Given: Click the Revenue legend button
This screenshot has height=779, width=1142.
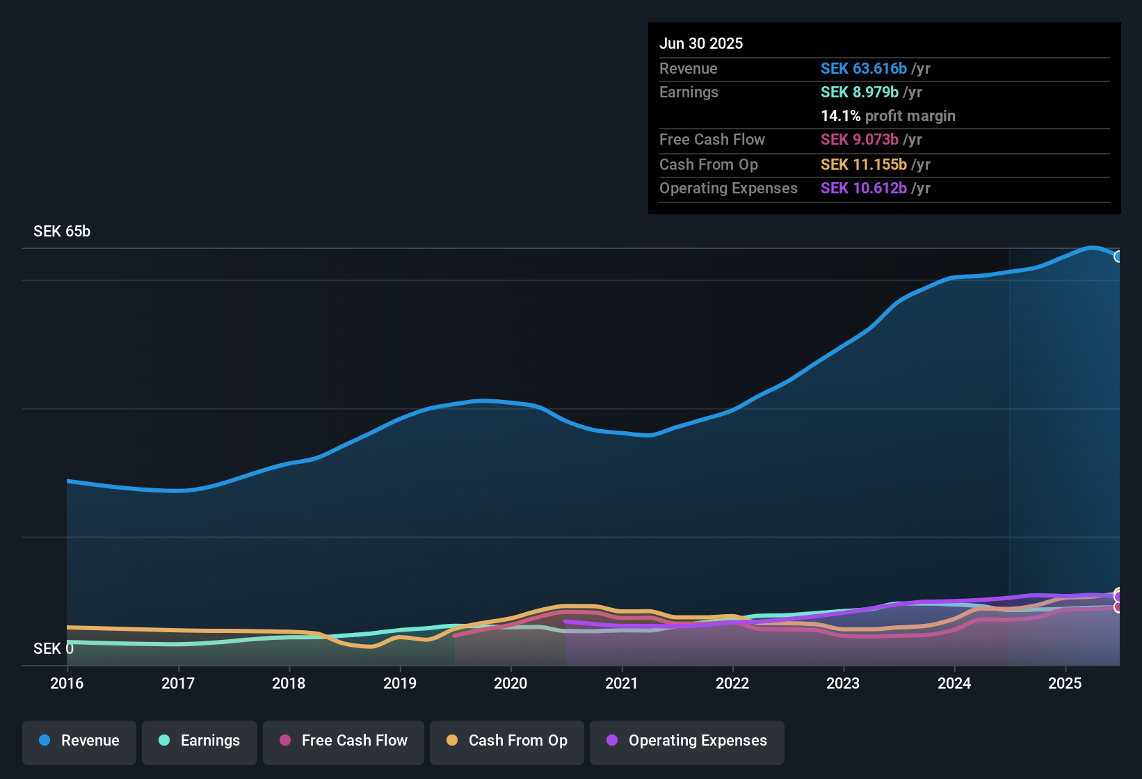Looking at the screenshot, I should (79, 741).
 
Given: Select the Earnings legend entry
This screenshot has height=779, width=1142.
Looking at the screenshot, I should (200, 741).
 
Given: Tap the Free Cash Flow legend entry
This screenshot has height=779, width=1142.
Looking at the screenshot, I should (344, 741).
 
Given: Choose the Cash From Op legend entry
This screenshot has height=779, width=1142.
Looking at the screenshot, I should (507, 741).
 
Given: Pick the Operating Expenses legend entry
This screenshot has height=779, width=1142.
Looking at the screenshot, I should (687, 741).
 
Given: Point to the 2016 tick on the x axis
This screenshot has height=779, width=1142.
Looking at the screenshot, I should (67, 683).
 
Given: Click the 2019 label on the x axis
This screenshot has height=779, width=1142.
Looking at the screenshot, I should (400, 683).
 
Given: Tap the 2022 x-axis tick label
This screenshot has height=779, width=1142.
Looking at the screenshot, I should (732, 683).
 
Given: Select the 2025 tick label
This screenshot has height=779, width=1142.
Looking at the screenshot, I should (1065, 683).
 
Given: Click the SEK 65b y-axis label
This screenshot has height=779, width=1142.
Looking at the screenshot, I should (62, 232).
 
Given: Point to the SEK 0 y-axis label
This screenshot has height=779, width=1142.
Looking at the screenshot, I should (53, 649).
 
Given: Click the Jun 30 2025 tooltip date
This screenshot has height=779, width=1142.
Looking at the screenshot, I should (701, 44).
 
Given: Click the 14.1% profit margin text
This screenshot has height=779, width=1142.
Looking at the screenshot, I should (887, 116).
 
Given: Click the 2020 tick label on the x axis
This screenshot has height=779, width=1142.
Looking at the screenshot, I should (510, 683).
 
